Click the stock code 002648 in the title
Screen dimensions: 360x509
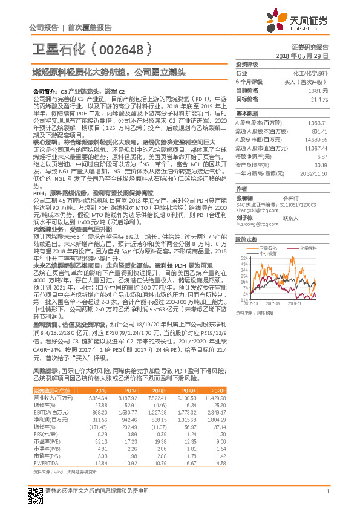coord(124,49)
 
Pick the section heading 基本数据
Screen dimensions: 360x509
coord(247,113)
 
